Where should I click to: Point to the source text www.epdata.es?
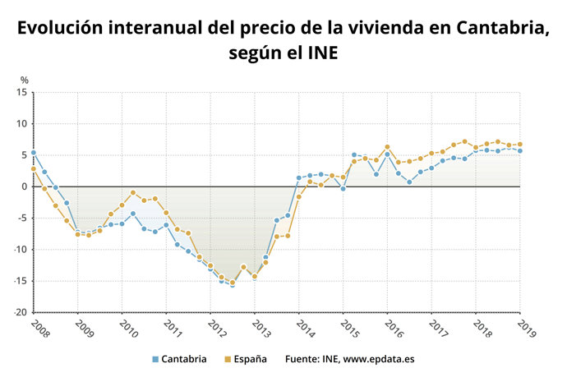pyautogui.click(x=380, y=359)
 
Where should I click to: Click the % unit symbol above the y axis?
pyautogui.click(x=25, y=80)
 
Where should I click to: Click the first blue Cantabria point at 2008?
pyautogui.click(x=33, y=153)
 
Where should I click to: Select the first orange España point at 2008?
pyautogui.click(x=33, y=169)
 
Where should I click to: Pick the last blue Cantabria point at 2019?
pyautogui.click(x=519, y=151)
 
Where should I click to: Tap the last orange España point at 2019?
pyautogui.click(x=519, y=145)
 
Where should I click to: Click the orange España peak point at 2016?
pyautogui.click(x=387, y=147)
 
